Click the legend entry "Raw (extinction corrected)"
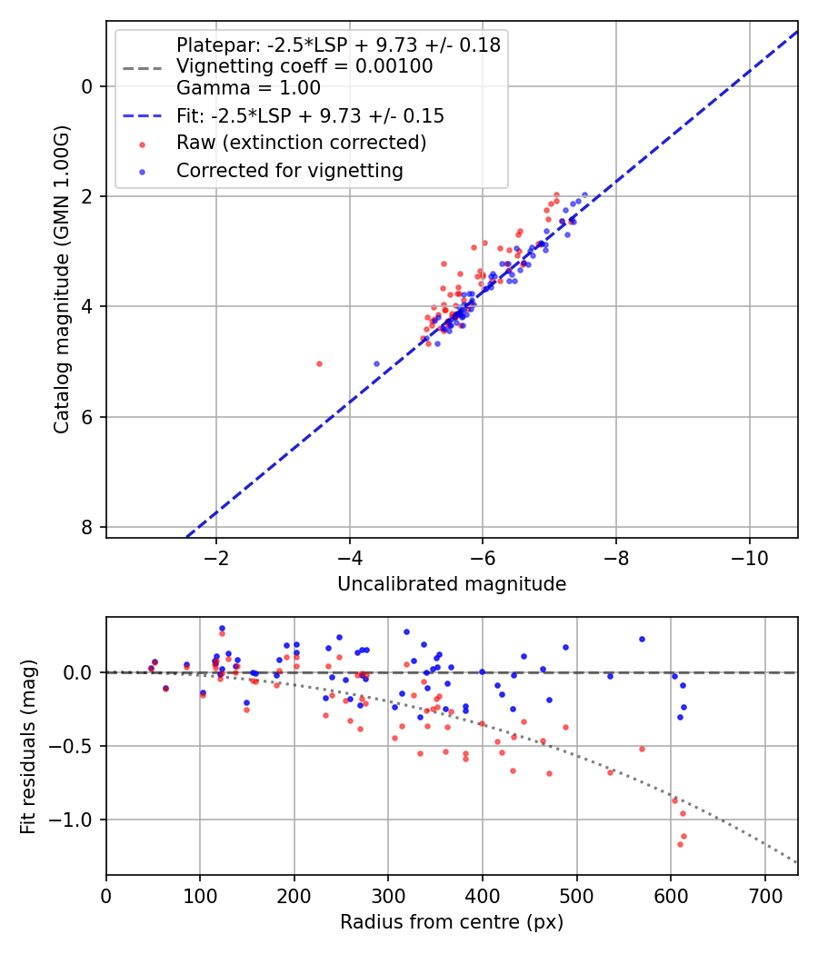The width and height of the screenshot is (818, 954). (x=301, y=143)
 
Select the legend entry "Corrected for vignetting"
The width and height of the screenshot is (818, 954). (x=289, y=170)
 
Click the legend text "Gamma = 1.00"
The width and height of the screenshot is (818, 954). (x=248, y=88)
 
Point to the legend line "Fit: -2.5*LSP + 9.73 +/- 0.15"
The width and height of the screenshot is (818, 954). (x=310, y=116)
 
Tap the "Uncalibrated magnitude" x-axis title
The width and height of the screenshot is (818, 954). (x=452, y=584)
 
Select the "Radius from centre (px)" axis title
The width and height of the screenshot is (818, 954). (x=452, y=922)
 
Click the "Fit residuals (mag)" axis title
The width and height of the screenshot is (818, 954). (x=28, y=747)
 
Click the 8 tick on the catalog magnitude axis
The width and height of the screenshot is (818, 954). (x=86, y=527)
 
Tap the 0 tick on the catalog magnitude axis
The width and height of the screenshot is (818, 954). (x=86, y=86)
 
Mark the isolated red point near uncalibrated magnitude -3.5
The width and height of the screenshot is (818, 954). (x=319, y=363)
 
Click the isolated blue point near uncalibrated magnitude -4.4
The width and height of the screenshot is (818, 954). (x=376, y=363)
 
